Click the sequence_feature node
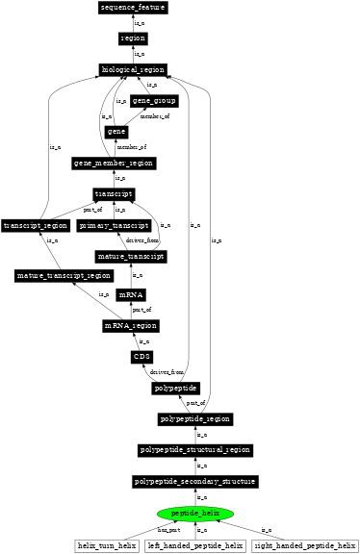click(x=133, y=8)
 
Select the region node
click(x=133, y=38)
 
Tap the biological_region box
click(x=133, y=69)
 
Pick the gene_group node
click(x=154, y=101)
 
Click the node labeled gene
click(x=116, y=132)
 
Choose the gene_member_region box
click(x=115, y=163)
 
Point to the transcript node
click(x=114, y=193)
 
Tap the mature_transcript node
click(x=131, y=257)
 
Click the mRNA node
click(x=131, y=294)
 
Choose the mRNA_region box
click(x=131, y=326)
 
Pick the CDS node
click(x=141, y=357)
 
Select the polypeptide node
click(x=175, y=389)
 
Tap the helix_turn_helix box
click(x=107, y=546)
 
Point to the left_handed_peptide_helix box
click(x=196, y=546)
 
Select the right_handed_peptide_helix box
click(x=303, y=546)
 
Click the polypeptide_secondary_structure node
click(x=196, y=481)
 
